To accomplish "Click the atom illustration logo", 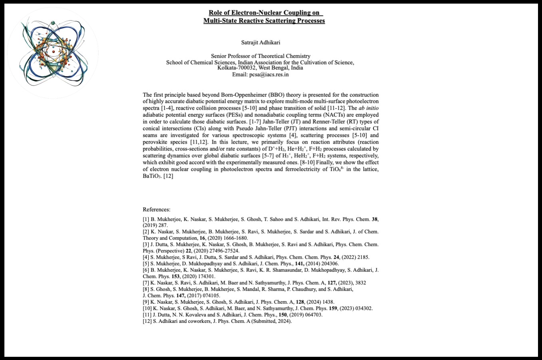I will point(53,52).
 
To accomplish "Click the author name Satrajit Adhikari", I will point(260,42).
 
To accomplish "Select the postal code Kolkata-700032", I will point(237,68).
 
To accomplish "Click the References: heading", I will point(156,209).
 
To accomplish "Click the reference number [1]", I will point(146,219).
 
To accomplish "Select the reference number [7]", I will point(146,283).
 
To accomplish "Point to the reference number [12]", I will point(147,321).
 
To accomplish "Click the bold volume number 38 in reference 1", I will point(375,219).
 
